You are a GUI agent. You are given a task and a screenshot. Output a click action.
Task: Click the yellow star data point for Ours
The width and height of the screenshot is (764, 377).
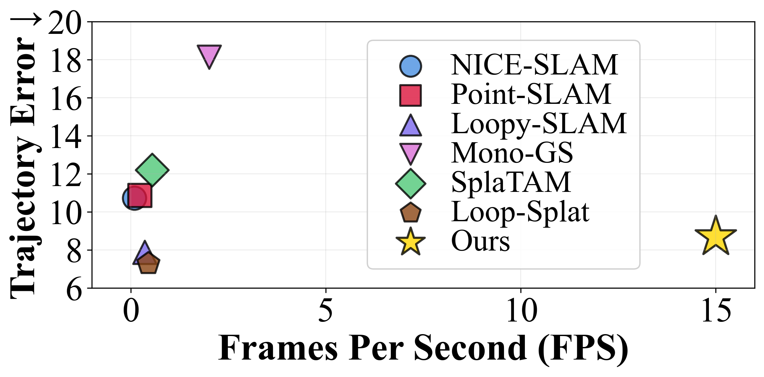pos(716,236)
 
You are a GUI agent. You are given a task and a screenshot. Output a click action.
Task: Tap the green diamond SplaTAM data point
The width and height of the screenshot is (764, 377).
pos(152,170)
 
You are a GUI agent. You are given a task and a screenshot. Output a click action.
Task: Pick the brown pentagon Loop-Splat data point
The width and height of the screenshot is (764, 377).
pos(149,263)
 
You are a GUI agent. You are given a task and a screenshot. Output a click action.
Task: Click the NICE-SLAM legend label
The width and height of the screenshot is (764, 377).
pos(534,65)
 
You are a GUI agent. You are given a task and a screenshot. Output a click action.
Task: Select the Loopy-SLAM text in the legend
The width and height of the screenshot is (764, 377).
pos(539,124)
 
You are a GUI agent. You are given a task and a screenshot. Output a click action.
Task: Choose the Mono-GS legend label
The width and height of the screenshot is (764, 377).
pos(512,153)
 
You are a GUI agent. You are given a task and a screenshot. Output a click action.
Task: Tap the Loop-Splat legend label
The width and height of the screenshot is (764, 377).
pos(520,212)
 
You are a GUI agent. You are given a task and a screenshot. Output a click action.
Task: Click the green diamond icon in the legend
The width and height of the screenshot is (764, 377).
pos(411,183)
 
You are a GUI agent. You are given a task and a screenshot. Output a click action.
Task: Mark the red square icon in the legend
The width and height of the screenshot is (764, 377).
pos(411,95)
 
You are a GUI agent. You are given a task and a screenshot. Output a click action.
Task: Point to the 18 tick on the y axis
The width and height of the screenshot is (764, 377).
pos(65,61)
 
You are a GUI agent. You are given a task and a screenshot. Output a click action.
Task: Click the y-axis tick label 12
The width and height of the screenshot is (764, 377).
pos(65,174)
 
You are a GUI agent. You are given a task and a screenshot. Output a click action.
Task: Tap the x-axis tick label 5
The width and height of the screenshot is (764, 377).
pos(325,311)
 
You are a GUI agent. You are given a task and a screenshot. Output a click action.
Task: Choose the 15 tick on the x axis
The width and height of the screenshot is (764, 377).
pos(716,311)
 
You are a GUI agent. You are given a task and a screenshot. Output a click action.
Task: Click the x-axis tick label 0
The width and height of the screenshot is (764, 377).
pos(131,311)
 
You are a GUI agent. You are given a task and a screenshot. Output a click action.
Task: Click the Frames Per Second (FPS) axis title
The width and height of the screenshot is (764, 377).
pos(423,348)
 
